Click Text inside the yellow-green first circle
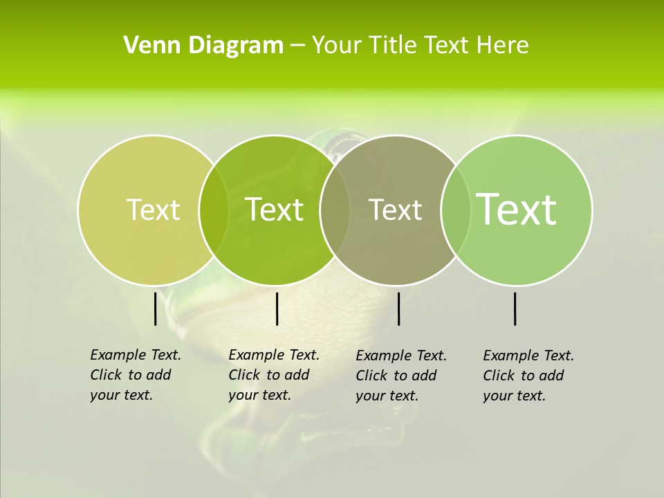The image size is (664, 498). click(x=153, y=210)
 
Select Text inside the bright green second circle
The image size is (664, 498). click(x=275, y=210)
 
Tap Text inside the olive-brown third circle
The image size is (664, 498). click(x=396, y=210)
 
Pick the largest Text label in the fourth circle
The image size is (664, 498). click(x=517, y=209)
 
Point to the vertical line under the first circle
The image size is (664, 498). click(x=156, y=308)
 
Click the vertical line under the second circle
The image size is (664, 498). click(x=277, y=308)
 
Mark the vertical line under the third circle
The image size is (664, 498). click(x=398, y=308)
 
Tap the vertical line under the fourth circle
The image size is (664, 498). click(x=515, y=308)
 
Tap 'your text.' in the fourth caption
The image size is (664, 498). click(x=514, y=396)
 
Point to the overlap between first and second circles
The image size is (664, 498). click(x=214, y=210)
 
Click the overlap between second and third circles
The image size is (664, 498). click(x=334, y=210)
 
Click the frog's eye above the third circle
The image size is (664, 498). click(x=338, y=143)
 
